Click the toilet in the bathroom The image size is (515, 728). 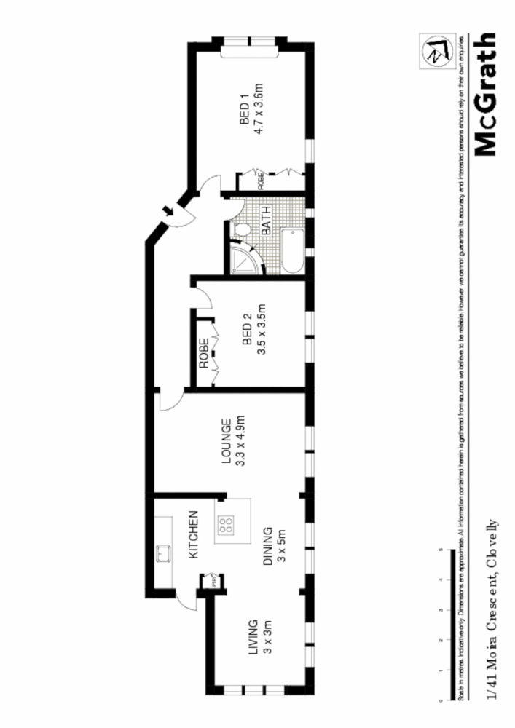[243, 230]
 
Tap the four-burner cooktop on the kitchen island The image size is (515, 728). [227, 524]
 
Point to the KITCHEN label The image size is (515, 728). [194, 535]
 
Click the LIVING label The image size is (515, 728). [253, 637]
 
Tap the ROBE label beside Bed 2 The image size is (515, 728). [205, 354]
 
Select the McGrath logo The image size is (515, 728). [485, 95]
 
